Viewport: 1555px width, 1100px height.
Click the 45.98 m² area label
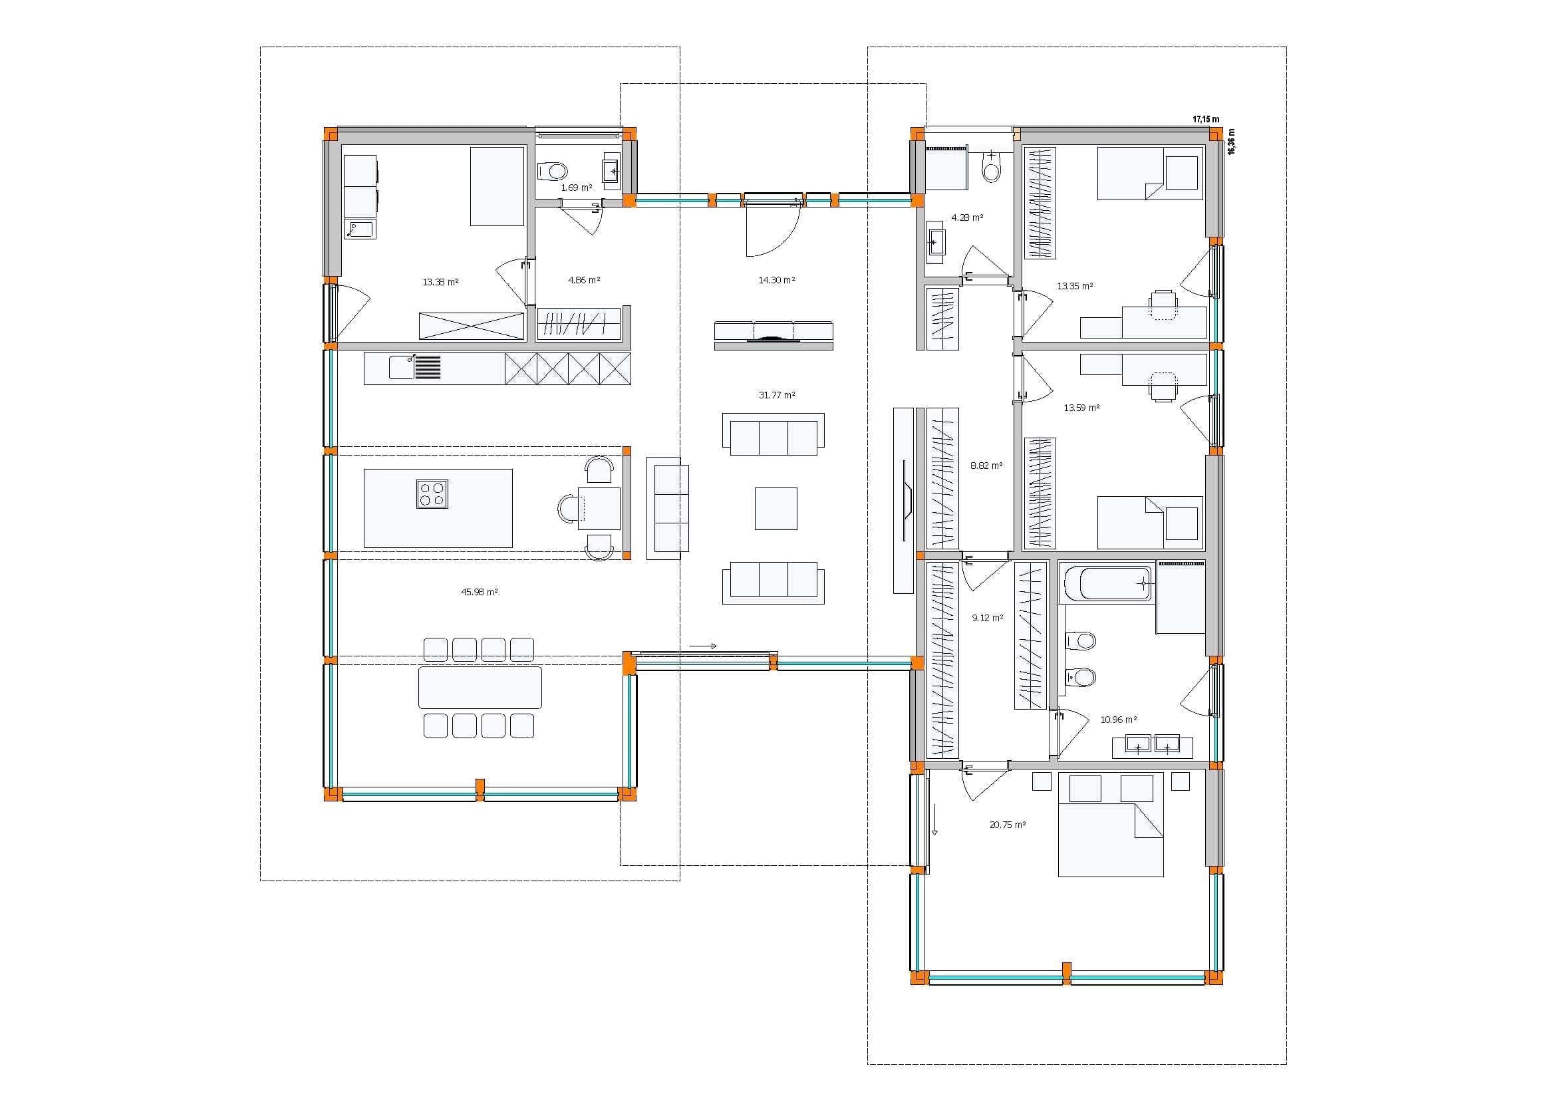pos(480,592)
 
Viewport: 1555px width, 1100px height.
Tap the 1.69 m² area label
pos(577,188)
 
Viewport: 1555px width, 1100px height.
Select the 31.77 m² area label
pos(777,395)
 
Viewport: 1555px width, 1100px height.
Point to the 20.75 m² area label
pos(1007,825)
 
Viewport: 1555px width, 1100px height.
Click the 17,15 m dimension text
pos(1206,119)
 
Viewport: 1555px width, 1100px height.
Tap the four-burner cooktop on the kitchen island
pos(432,493)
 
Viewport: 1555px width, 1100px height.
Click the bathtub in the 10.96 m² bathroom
pos(1108,584)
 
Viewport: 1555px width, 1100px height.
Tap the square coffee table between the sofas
pos(776,509)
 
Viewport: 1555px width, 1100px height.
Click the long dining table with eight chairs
pos(480,688)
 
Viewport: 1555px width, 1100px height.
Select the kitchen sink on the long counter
pos(402,368)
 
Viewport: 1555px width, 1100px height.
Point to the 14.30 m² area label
pos(777,280)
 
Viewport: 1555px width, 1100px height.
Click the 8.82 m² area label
pos(987,466)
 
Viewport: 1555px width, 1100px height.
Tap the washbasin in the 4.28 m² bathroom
pos(936,241)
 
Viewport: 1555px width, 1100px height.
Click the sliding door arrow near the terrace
pos(703,646)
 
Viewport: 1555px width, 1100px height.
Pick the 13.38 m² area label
pos(440,282)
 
